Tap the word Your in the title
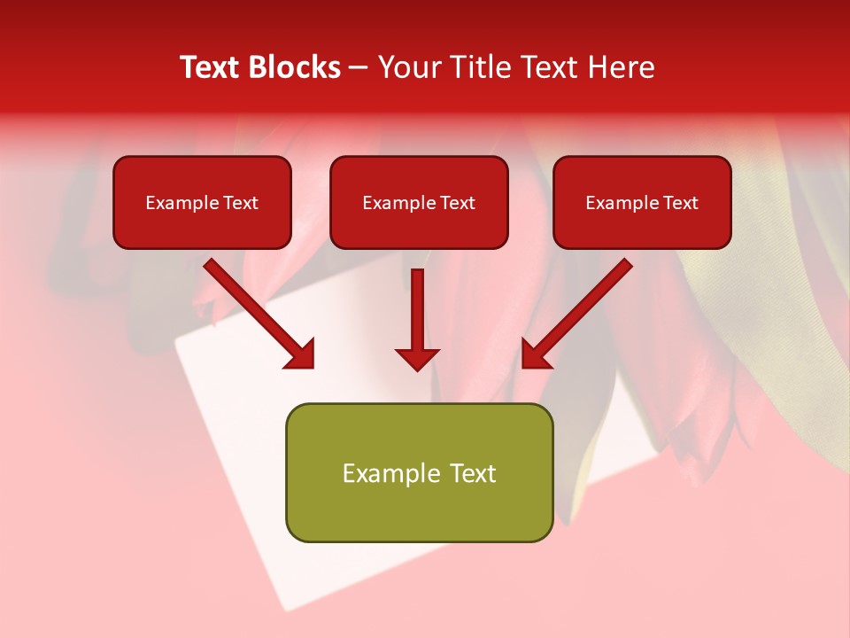coord(407,67)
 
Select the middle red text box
coord(419,227)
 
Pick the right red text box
coord(642,227)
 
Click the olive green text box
coord(419,510)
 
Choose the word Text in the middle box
coord(458,203)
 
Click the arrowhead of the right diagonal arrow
coord(537,354)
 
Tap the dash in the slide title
coord(359,68)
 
